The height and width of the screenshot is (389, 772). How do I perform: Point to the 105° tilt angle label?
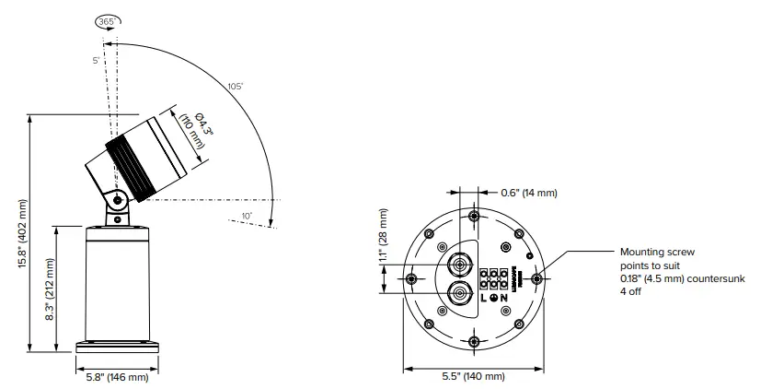tap(236, 86)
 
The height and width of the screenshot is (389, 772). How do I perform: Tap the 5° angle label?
tap(95, 62)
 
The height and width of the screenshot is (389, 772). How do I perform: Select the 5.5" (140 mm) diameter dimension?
tap(472, 377)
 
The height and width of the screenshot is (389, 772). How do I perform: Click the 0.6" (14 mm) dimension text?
tap(528, 193)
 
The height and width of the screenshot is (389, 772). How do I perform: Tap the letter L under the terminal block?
tap(483, 298)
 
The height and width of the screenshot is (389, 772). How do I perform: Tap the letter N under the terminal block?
tap(504, 298)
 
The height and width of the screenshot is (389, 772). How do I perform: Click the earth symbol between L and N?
tap(494, 298)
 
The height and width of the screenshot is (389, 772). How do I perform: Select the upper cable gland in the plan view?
tap(457, 265)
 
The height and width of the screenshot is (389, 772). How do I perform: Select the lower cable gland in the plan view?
tap(457, 295)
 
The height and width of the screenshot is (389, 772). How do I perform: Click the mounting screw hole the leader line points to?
tap(537, 277)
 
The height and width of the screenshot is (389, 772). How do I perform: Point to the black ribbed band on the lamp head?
tap(126, 165)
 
